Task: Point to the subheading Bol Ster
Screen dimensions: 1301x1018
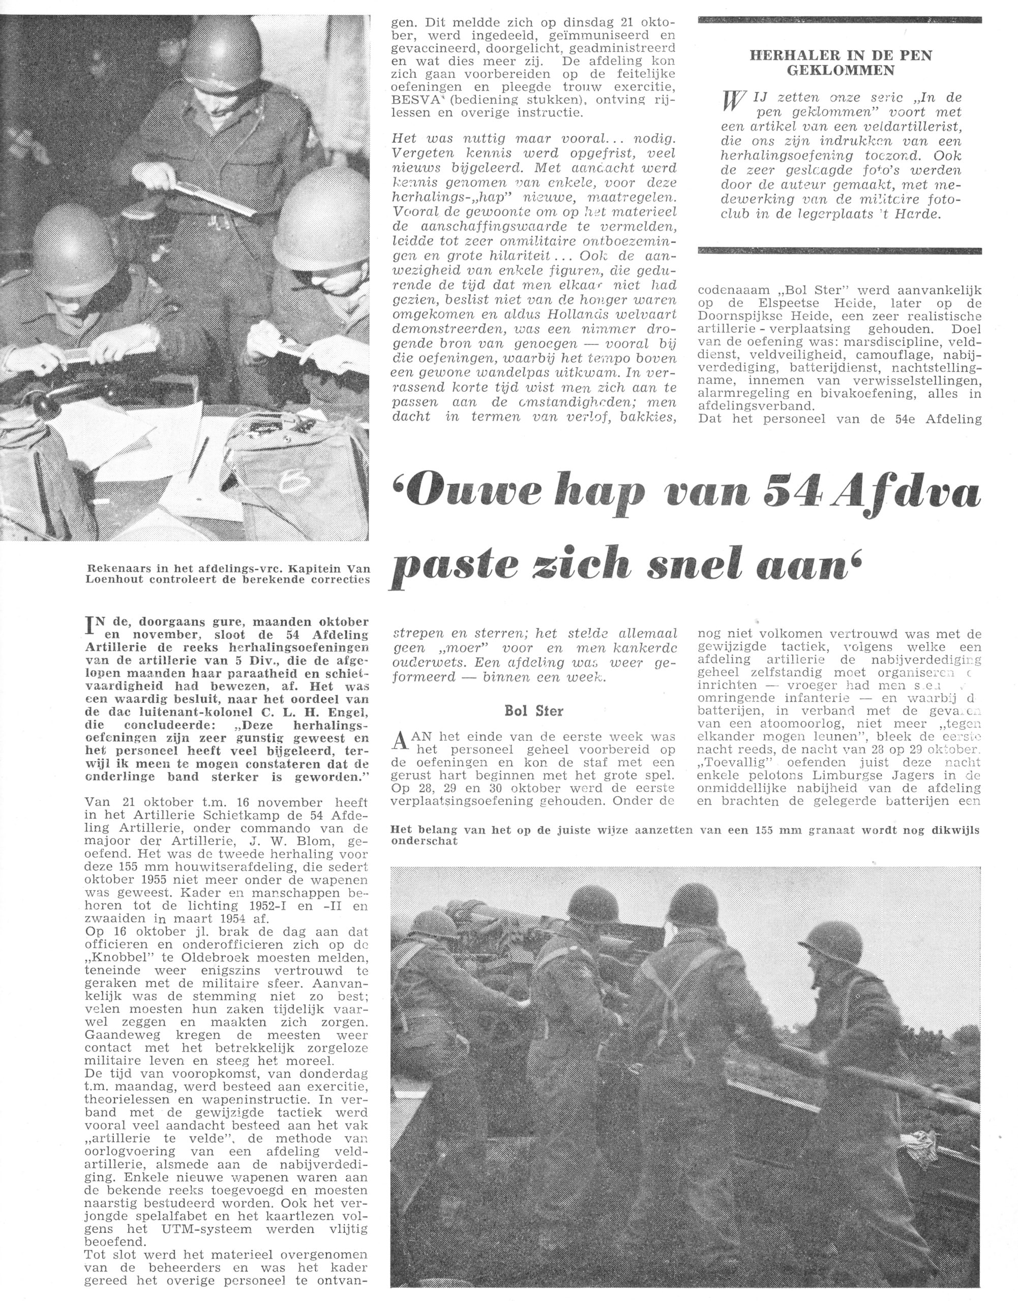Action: (533, 710)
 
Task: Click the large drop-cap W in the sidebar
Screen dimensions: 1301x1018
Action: (733, 103)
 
